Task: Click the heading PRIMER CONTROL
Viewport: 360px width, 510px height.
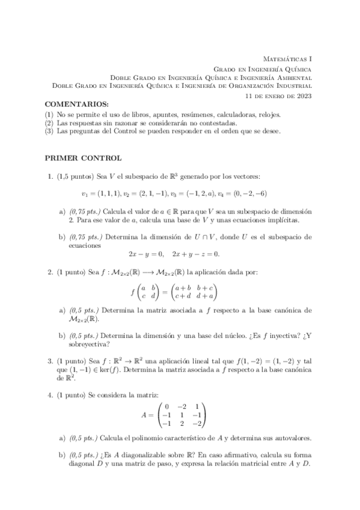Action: (x=84, y=158)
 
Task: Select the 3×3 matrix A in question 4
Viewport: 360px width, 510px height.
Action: (x=181, y=414)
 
